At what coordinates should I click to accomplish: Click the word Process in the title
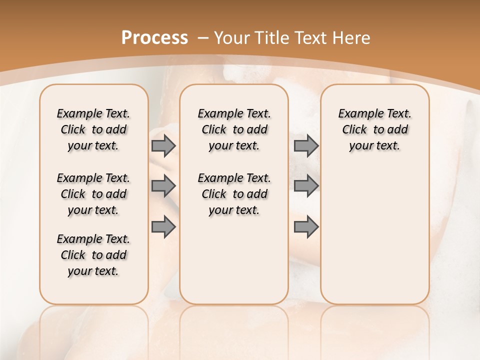click(154, 38)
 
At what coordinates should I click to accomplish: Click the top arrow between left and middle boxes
click(163, 146)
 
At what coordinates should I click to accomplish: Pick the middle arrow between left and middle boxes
click(163, 186)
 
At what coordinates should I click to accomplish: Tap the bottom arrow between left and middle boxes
click(163, 227)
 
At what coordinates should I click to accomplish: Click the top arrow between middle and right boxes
click(306, 146)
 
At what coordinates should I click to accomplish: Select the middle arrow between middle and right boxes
click(306, 186)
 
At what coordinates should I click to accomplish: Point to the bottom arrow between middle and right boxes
click(306, 227)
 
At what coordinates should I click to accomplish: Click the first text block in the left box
click(93, 129)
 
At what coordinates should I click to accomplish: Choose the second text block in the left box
click(93, 194)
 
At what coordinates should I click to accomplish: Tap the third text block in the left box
click(93, 255)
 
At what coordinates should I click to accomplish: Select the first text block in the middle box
click(234, 129)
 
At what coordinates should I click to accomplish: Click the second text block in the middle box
click(234, 194)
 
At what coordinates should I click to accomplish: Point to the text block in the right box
click(375, 129)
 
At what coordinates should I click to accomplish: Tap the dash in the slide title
click(203, 38)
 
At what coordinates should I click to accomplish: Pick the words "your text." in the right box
click(374, 146)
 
